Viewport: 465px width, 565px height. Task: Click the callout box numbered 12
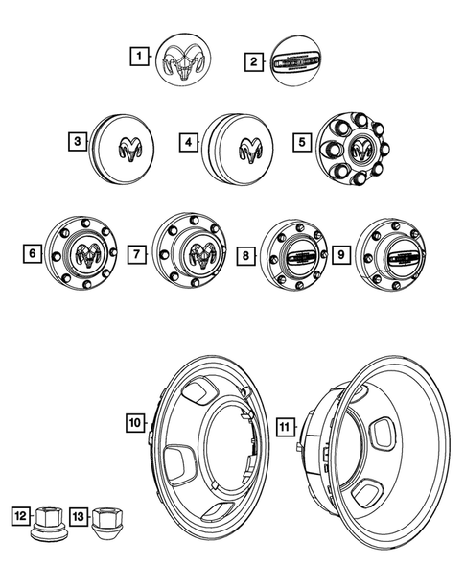(19, 515)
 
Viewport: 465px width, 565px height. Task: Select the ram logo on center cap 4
(252, 148)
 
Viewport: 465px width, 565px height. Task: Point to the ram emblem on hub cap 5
(361, 149)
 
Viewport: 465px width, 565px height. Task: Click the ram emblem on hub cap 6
(87, 254)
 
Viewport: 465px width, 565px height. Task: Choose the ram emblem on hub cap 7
(204, 255)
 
